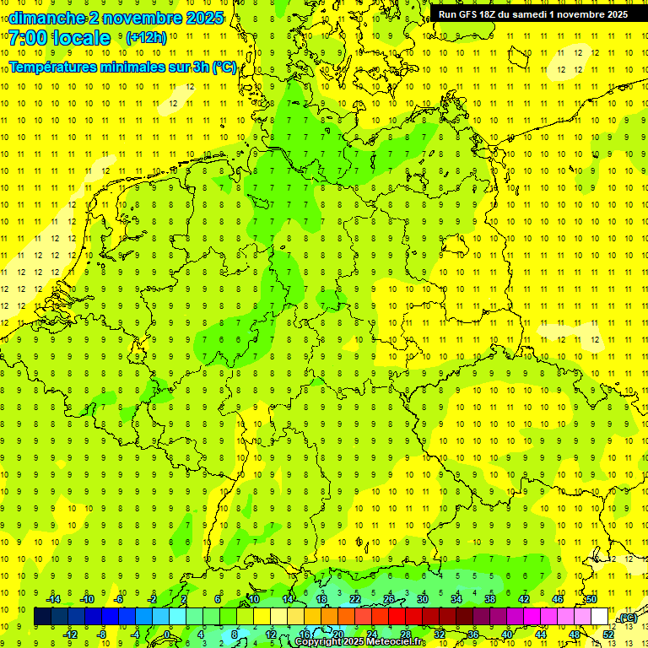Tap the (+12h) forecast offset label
tap(145, 38)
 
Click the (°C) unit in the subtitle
tap(224, 67)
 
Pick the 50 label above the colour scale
tap(591, 599)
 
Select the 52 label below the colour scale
tap(608, 634)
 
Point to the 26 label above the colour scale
tap(389, 599)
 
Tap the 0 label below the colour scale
tap(167, 634)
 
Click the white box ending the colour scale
tap(600, 617)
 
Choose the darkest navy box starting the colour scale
tap(43, 617)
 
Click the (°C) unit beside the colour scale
tap(627, 618)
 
